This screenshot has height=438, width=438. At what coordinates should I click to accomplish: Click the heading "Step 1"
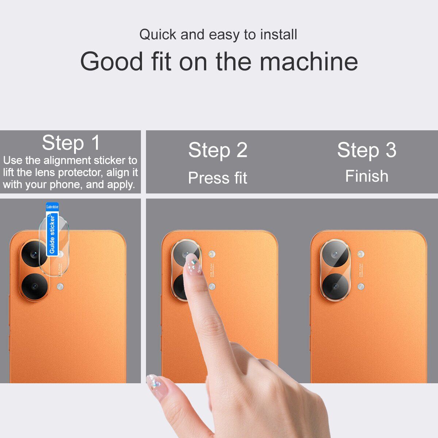click(71, 143)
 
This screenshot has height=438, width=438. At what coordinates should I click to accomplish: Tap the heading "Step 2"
click(218, 150)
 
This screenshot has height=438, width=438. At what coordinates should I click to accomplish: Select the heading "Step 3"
click(366, 150)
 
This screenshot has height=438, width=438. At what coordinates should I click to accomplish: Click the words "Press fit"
click(218, 178)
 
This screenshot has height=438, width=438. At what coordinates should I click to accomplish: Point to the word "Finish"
click(366, 176)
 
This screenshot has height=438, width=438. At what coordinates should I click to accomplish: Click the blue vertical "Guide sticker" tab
click(52, 234)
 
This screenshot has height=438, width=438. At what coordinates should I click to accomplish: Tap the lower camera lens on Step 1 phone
click(34, 286)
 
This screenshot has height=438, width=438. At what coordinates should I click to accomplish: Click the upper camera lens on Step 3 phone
click(335, 254)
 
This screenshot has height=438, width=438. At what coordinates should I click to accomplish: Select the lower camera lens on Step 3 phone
click(335, 286)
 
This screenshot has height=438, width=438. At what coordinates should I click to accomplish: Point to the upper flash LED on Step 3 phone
click(361, 254)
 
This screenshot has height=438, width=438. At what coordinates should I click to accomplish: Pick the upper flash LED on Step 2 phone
click(211, 254)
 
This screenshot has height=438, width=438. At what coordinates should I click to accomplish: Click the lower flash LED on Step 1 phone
click(60, 287)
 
